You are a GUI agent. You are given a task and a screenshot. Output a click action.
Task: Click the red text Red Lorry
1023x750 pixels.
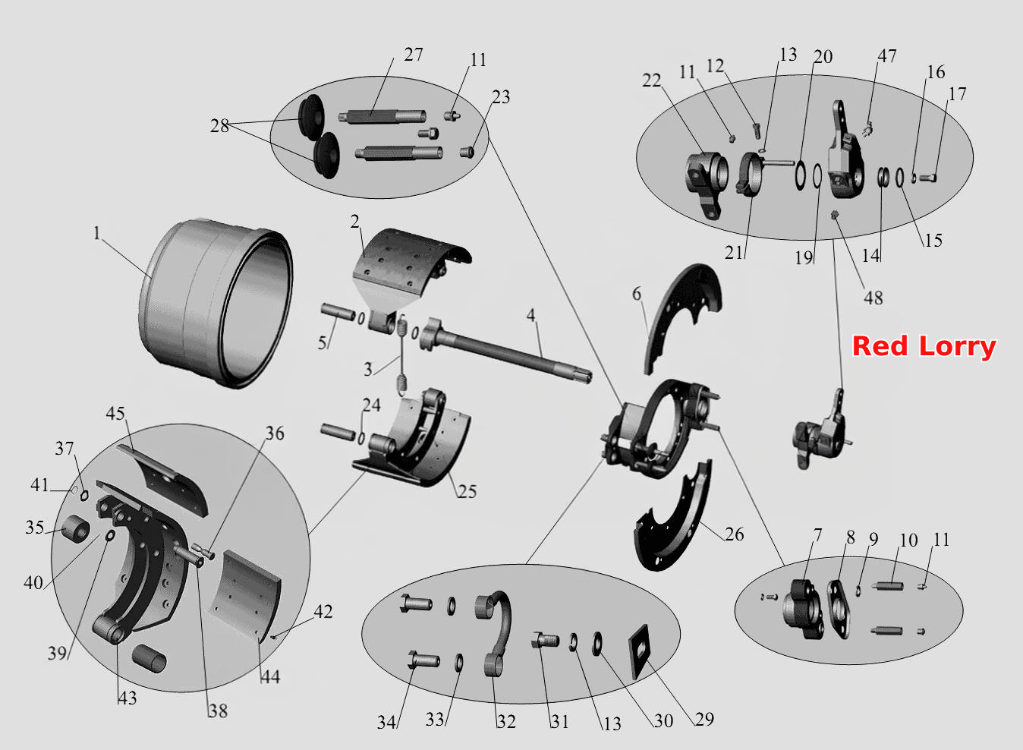pos(924,347)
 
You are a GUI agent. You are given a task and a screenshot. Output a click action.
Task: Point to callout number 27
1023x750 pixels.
pos(414,55)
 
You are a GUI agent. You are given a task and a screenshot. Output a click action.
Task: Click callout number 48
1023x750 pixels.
pos(873,298)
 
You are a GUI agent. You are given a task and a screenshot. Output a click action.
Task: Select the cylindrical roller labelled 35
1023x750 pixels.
pos(76,528)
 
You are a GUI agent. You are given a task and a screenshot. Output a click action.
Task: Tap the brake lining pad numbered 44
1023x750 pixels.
pos(247,594)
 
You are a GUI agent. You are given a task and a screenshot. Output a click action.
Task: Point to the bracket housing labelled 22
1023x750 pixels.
pos(707,183)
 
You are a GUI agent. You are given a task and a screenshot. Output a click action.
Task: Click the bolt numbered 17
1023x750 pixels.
pos(928,178)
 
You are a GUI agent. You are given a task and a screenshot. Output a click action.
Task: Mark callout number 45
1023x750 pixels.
pos(115,414)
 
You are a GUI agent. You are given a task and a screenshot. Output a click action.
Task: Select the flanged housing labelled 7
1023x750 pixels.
pos(804,609)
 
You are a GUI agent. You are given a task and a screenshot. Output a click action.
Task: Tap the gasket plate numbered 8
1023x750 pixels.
pos(839,609)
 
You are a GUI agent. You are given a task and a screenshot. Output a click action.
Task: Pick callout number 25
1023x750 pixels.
pos(467,491)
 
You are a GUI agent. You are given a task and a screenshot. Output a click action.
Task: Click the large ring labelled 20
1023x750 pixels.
pos(800,175)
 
